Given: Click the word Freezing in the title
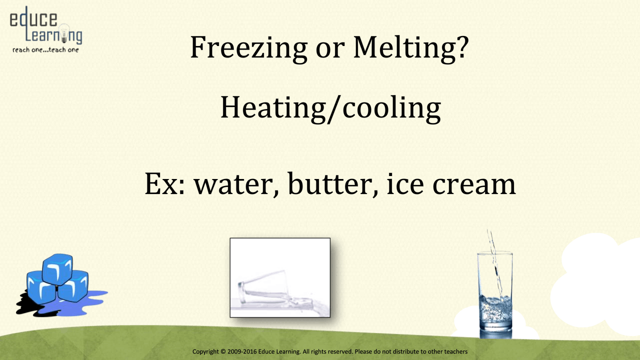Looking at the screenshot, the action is click(249, 48).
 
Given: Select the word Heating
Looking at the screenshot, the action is click(273, 108).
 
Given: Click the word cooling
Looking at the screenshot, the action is click(391, 108).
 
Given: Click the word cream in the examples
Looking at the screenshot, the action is click(474, 185).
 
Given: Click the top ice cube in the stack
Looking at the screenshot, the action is click(57, 269).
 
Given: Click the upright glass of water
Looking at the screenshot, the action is click(495, 294).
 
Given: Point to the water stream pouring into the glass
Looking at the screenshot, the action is click(495, 265).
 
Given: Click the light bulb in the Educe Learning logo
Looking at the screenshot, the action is click(64, 33).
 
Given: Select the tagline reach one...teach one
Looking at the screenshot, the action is click(45, 50).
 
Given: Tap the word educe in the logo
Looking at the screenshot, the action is click(33, 19).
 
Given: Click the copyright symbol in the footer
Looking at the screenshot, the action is click(223, 351).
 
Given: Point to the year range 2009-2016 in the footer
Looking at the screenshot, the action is click(242, 351).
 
